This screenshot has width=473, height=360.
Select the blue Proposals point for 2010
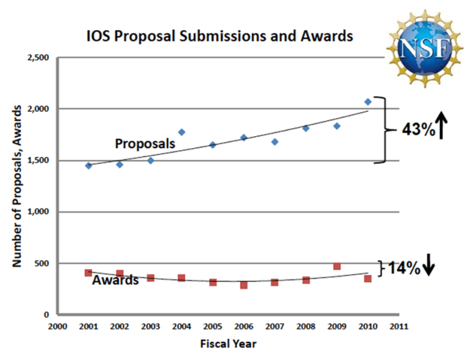click(x=368, y=102)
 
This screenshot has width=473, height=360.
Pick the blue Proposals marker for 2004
click(x=182, y=132)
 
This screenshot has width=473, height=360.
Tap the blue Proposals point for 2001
click(x=88, y=165)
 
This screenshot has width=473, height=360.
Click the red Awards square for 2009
click(x=337, y=266)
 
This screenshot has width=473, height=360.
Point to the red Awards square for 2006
click(x=243, y=285)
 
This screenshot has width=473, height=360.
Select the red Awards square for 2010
click(x=368, y=279)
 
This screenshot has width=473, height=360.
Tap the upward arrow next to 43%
click(x=443, y=129)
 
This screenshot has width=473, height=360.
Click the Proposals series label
click(x=144, y=144)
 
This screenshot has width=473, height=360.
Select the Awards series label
click(x=115, y=281)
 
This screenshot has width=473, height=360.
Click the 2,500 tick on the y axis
click(x=38, y=58)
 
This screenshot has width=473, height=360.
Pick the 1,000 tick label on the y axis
click(x=38, y=212)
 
